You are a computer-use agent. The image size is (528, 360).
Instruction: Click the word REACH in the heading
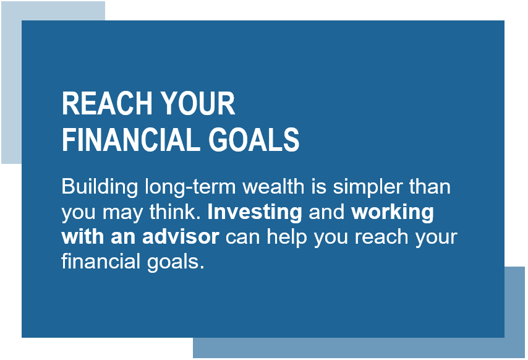[x=107, y=103]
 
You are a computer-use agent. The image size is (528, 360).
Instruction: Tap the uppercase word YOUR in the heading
[x=198, y=103]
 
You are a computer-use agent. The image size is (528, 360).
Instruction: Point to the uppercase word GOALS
[x=254, y=139]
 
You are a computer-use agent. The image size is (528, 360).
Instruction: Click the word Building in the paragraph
[x=100, y=187]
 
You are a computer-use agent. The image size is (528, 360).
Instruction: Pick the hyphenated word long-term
[x=190, y=187]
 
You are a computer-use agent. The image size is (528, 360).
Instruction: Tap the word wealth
[x=273, y=186]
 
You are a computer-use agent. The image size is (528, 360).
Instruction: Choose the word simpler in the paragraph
[x=368, y=187]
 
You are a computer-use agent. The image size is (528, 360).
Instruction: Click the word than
[x=430, y=186]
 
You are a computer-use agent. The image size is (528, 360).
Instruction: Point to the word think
[x=175, y=212]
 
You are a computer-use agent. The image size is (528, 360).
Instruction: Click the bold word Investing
[x=255, y=213]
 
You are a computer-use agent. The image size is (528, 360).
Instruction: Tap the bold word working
[x=393, y=213]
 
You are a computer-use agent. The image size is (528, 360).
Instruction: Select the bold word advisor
[x=181, y=237]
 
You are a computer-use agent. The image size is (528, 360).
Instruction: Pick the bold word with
[x=83, y=237]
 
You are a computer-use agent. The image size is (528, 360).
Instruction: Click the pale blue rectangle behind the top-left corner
[x=11, y=82]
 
